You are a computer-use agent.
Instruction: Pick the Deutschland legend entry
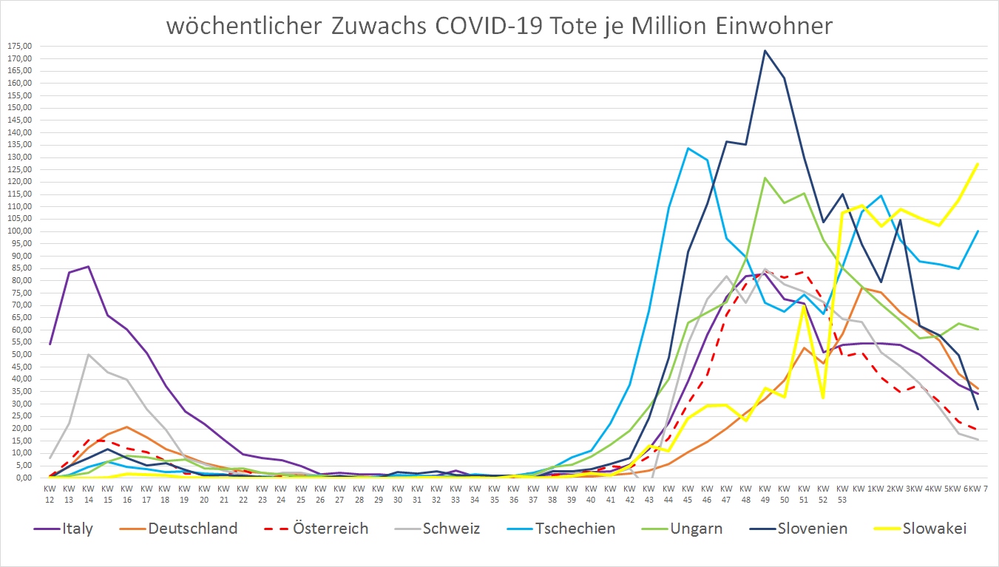point(192,529)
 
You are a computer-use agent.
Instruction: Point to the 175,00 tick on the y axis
point(18,46)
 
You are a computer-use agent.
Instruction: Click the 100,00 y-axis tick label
point(18,231)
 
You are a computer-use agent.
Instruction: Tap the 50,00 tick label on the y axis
point(20,354)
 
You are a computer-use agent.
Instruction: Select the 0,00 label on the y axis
point(22,478)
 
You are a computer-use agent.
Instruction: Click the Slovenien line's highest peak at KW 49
point(765,50)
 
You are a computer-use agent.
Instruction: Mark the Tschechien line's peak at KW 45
point(688,148)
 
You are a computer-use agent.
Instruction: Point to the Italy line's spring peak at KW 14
point(88,266)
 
